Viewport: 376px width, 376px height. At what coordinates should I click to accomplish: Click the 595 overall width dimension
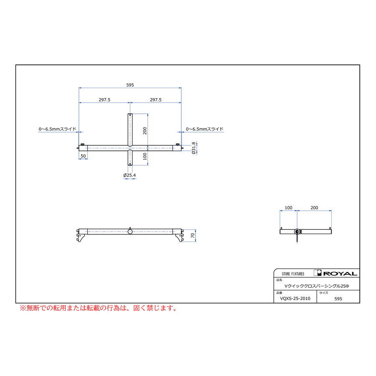pyautogui.click(x=130, y=85)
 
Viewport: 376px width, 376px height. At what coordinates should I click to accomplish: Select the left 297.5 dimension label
pyautogui.click(x=104, y=100)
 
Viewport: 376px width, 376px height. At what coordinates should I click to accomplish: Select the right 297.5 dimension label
pyautogui.click(x=156, y=100)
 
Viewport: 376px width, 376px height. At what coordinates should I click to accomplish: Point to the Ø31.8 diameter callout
pyautogui.click(x=193, y=148)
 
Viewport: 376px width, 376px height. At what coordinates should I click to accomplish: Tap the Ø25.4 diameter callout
pyautogui.click(x=130, y=175)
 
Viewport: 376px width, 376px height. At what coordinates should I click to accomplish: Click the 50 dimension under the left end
pyautogui.click(x=83, y=156)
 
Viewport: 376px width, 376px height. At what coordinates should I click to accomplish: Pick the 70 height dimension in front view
pyautogui.click(x=193, y=236)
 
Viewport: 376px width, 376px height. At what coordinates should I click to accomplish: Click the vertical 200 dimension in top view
pyautogui.click(x=145, y=131)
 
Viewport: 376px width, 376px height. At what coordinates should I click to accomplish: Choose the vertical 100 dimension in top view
pyautogui.click(x=145, y=156)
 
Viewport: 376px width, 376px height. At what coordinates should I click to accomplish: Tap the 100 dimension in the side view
pyautogui.click(x=288, y=208)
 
